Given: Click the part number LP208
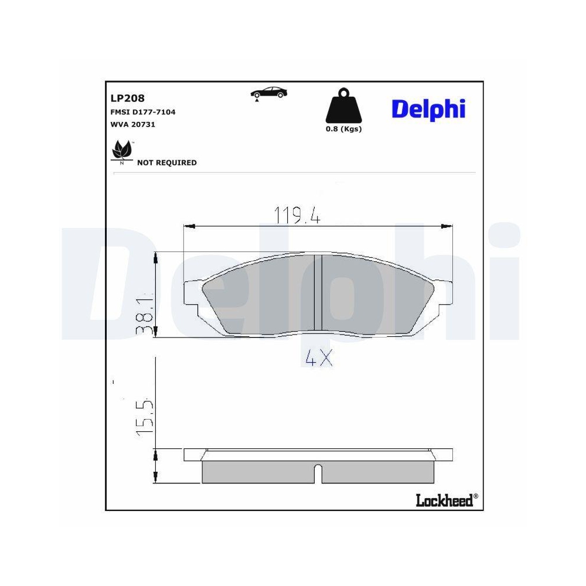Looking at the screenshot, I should tap(127, 98).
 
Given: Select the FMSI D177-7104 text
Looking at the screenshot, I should tap(143, 112).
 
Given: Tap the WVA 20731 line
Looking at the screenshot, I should tap(132, 124).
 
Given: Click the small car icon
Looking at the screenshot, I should tap(269, 93).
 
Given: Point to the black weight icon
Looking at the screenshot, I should tap(343, 108).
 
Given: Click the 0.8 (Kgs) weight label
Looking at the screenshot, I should tap(343, 129).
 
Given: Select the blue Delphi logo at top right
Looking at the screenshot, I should tap(428, 108).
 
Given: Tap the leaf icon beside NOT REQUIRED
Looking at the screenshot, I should tap(122, 151).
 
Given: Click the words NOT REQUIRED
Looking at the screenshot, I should tap(166, 163).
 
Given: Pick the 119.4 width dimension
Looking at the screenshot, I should tap(297, 216).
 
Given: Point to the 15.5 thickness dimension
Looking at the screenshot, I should tap(144, 417).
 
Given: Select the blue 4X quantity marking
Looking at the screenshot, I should tap(319, 358).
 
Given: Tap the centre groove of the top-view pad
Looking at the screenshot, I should tap(318, 293).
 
